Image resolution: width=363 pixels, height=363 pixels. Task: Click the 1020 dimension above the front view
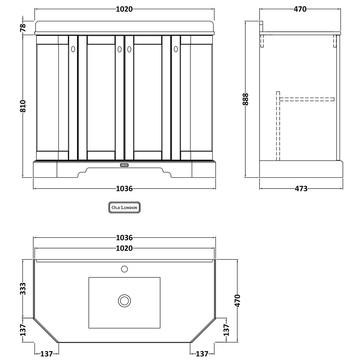(124, 9)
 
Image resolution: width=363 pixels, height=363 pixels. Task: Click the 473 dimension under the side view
(301, 189)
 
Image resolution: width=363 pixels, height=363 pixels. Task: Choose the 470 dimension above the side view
(300, 9)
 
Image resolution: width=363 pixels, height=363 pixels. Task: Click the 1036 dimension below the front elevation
(124, 189)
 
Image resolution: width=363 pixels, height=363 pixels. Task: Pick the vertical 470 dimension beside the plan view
(237, 301)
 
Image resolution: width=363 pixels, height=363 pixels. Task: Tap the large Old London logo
(124, 208)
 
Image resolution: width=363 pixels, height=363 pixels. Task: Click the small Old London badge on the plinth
(124, 165)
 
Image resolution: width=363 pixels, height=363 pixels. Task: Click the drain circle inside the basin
(124, 300)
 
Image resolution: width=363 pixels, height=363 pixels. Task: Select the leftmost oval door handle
(73, 49)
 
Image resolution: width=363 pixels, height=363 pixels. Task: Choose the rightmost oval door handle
(175, 49)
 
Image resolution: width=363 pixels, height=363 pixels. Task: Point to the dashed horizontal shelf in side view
(307, 99)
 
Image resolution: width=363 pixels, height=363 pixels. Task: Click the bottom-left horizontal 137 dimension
(47, 354)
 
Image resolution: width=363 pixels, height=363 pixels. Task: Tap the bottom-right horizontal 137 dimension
(202, 354)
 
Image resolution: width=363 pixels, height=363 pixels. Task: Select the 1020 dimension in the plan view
(124, 249)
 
